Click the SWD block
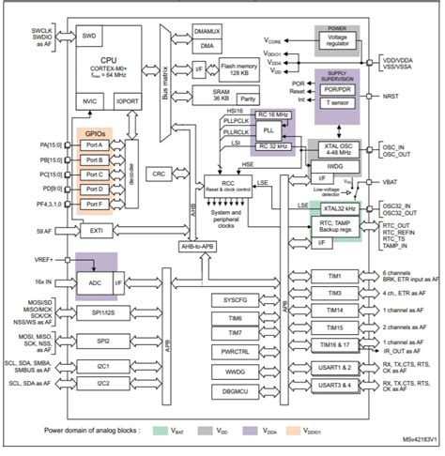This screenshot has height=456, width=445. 89,37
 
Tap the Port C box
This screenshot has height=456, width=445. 95,174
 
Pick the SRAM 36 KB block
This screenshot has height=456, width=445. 208,95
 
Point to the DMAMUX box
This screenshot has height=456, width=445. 207,31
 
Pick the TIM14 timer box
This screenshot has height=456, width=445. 336,309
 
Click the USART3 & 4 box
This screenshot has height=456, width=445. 336,384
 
